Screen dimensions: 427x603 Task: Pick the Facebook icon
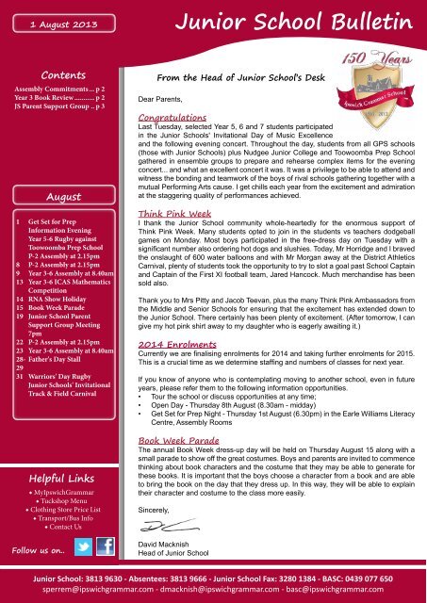point(106,547)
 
